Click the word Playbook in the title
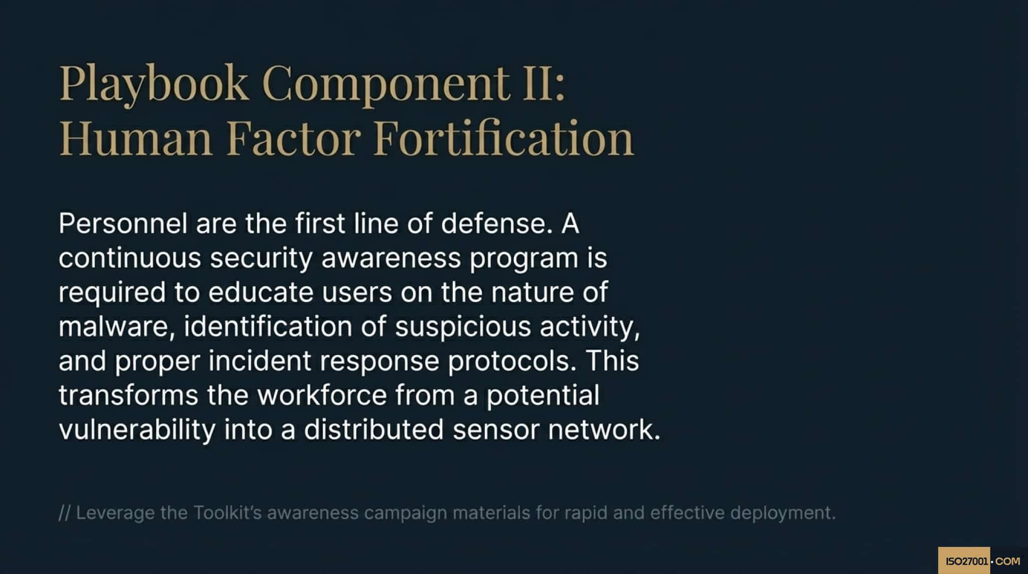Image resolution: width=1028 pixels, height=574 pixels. (154, 83)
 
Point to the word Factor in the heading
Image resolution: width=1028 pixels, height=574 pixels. (294, 138)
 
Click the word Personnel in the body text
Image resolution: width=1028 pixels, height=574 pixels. (123, 223)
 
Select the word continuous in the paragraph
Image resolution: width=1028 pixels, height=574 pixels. (130, 258)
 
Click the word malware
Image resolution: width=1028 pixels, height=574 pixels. (116, 327)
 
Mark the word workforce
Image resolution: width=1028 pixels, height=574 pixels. (322, 395)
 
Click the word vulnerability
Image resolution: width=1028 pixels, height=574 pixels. (137, 430)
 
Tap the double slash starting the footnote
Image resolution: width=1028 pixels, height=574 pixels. (64, 513)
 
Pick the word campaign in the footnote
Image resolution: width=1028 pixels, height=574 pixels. (405, 513)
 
